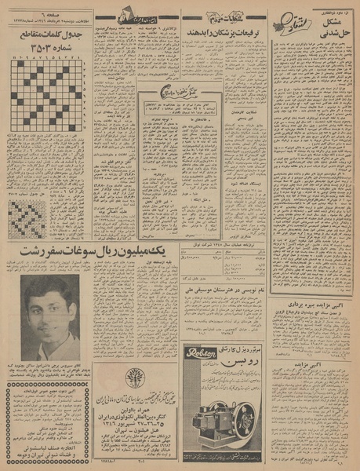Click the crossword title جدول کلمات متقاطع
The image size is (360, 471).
[x=48, y=38]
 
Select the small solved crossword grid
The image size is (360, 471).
[x=26, y=218]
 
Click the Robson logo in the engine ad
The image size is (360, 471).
[x=206, y=355]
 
